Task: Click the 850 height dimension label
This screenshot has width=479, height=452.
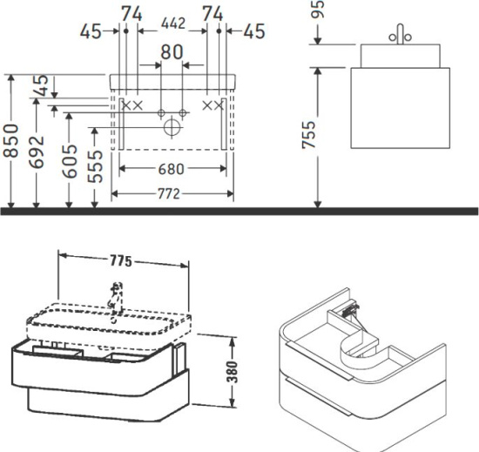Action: [11, 140]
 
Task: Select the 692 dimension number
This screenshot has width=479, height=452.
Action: [37, 152]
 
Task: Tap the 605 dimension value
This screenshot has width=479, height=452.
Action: [70, 161]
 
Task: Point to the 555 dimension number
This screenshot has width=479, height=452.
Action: [95, 165]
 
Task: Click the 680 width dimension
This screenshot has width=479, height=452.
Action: [172, 169]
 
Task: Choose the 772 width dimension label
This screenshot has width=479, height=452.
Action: [169, 193]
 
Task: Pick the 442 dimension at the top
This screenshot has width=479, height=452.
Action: [173, 24]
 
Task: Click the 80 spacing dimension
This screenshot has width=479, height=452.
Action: [172, 51]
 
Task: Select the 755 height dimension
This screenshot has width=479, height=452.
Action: [309, 135]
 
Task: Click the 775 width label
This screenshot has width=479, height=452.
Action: [121, 260]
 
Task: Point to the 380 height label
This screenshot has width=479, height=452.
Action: [233, 371]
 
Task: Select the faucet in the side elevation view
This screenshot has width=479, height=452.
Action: [401, 35]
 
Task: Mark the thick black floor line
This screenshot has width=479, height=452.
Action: [239, 211]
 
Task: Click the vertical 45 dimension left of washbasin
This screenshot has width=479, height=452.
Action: [43, 85]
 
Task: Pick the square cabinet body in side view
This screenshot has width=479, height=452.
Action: [401, 108]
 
